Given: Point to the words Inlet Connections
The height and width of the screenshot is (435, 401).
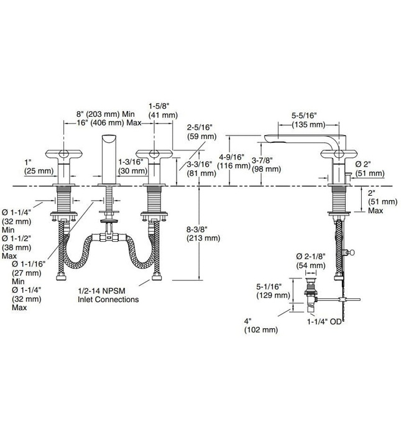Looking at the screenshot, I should point(108,299).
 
